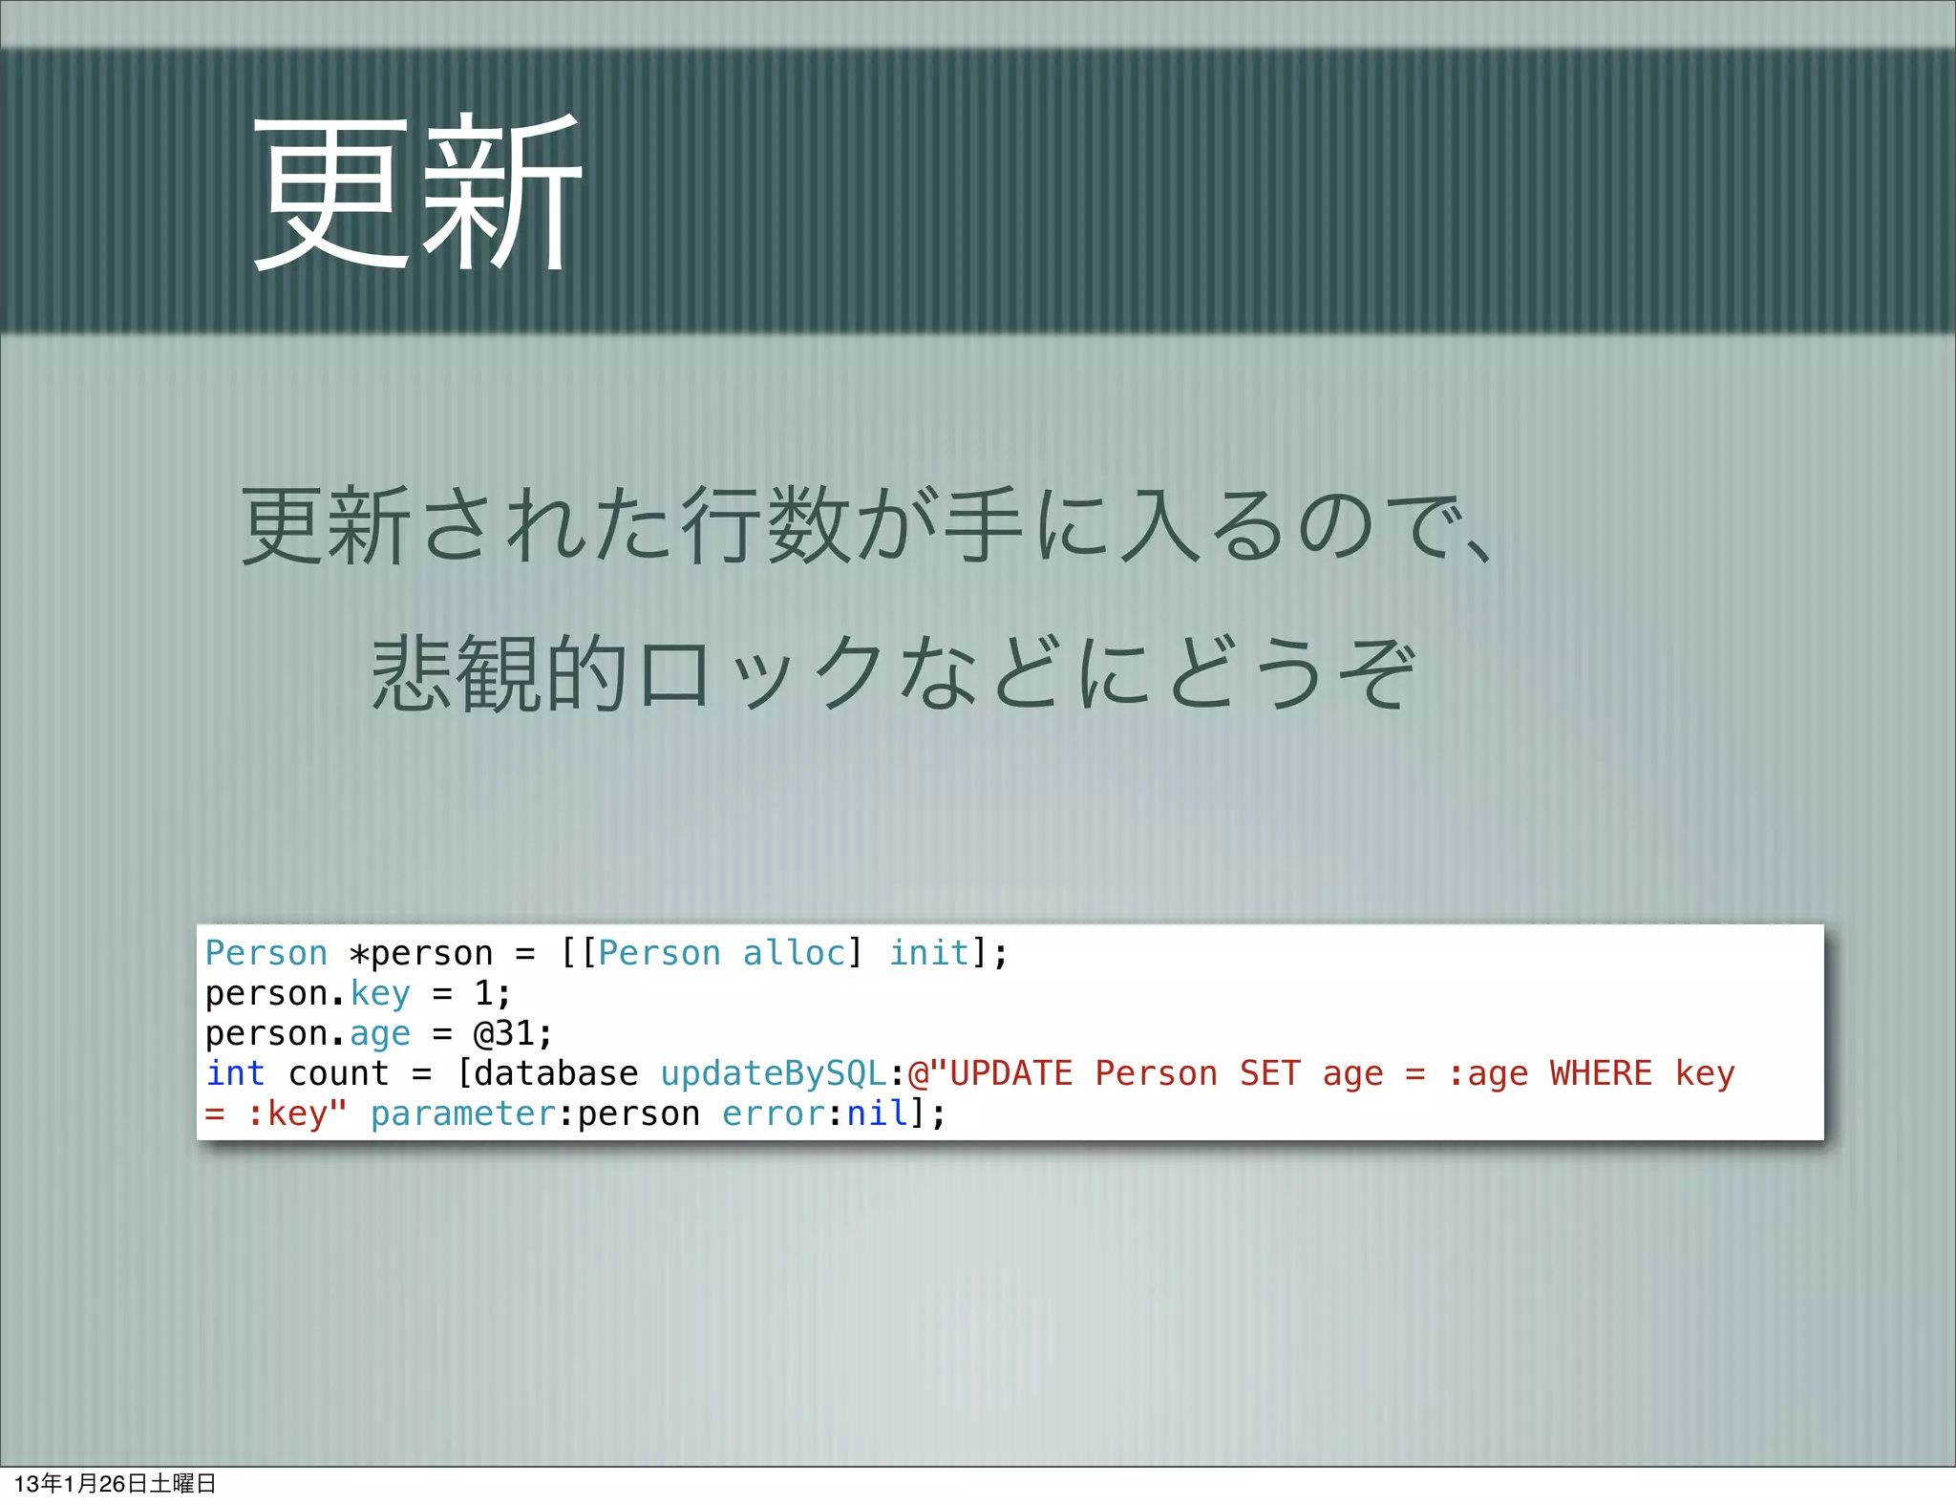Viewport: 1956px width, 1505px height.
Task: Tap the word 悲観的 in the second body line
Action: tap(499, 673)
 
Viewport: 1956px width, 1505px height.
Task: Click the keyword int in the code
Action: tap(235, 1073)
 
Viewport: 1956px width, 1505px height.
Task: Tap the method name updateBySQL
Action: tap(774, 1073)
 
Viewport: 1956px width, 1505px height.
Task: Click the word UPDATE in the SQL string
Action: tap(1010, 1073)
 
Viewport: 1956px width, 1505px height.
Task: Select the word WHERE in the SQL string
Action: tap(1601, 1073)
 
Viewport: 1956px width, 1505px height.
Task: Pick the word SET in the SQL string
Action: tap(1270, 1073)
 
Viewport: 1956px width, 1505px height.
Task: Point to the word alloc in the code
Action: tap(794, 953)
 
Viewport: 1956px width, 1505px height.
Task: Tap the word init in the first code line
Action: tap(928, 953)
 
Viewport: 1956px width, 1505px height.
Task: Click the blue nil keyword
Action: tap(877, 1113)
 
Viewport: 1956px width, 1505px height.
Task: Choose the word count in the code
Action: tap(339, 1073)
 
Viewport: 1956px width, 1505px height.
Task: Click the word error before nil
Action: tap(774, 1113)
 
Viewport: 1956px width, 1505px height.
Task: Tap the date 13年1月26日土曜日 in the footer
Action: tap(115, 1483)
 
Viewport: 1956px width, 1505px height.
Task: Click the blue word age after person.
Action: tap(380, 1033)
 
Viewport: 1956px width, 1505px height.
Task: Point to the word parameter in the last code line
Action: tap(463, 1113)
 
